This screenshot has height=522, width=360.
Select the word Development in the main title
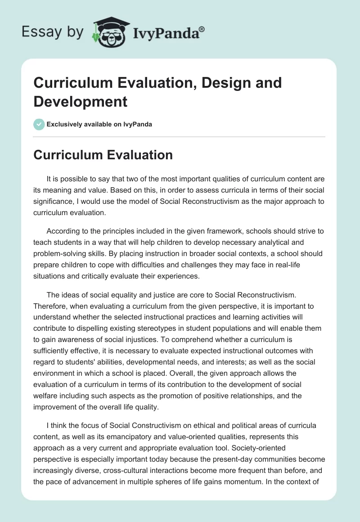(x=81, y=101)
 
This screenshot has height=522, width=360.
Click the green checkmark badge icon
(x=39, y=124)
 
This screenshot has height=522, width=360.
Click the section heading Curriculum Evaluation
(x=103, y=155)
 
